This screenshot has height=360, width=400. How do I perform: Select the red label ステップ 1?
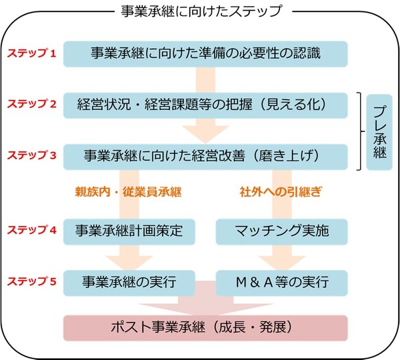pos(31,54)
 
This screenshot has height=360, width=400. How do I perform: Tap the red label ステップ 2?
pos(31,105)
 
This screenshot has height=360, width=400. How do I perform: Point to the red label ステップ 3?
pos(31,155)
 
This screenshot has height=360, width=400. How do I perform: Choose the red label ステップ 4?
pos(31,230)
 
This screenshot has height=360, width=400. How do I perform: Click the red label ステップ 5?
pos(31,281)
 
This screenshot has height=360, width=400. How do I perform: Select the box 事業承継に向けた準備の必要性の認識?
pos(205,54)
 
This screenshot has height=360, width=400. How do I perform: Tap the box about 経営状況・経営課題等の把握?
pos(205,105)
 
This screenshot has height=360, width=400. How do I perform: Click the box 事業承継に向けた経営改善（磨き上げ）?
pos(205,155)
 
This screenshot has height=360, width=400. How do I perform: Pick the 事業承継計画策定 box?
pos(129,231)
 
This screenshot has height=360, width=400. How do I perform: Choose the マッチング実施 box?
pos(282,231)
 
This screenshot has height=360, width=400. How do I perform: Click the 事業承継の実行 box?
pos(129,281)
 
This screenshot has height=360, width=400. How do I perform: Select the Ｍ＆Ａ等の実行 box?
pos(282,281)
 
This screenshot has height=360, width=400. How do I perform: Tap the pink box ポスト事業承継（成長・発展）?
pos(205,328)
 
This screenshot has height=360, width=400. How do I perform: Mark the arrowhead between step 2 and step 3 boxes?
pos(205,133)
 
